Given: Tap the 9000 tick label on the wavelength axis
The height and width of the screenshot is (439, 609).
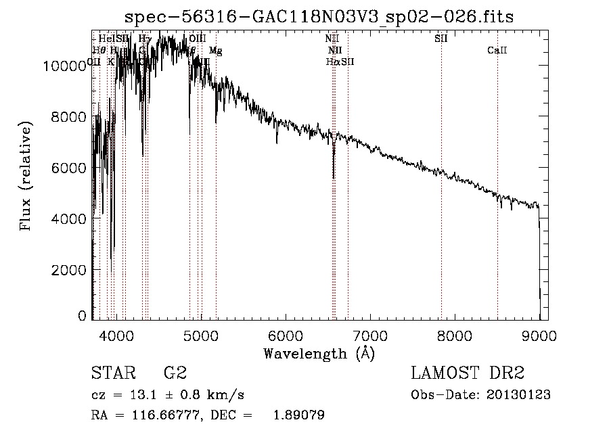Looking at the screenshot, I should click(539, 335).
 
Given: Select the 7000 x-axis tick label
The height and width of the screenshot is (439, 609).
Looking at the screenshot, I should click(370, 335).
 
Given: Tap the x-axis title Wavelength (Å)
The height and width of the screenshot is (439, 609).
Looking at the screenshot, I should click(319, 353).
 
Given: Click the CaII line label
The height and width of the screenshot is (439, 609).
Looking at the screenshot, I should click(497, 51).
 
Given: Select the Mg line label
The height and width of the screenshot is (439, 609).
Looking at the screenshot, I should click(215, 51).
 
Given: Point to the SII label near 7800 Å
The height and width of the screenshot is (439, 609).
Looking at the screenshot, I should click(441, 39).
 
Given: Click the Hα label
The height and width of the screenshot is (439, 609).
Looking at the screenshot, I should click(332, 62).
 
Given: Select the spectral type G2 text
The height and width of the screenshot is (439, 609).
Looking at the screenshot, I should click(175, 373).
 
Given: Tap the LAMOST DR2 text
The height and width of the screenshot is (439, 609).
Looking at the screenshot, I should click(468, 373).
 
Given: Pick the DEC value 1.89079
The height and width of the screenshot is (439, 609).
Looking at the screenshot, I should click(298, 415).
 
